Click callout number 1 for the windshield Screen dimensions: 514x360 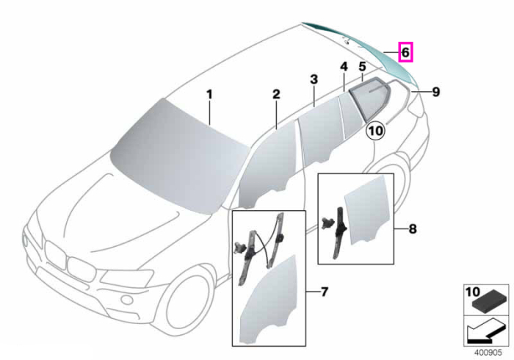click(209, 95)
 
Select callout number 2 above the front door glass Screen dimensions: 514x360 click(276, 95)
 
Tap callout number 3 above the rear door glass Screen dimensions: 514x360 click(314, 79)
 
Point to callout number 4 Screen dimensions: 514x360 click(344, 67)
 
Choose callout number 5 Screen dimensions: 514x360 click(362, 67)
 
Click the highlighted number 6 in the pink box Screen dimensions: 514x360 click(405, 52)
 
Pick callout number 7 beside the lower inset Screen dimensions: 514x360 click(325, 292)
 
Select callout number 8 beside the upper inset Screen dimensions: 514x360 click(413, 228)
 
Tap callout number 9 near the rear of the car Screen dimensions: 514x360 click(435, 92)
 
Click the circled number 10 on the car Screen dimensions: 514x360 click(376, 131)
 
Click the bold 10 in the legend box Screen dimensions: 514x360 click(472, 292)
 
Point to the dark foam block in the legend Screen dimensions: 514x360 click(485, 301)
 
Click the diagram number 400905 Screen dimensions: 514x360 click(488, 353)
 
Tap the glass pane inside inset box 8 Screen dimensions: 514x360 click(367, 209)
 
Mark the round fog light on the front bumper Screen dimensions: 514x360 click(126, 300)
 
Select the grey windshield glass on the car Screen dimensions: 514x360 click(178, 156)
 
